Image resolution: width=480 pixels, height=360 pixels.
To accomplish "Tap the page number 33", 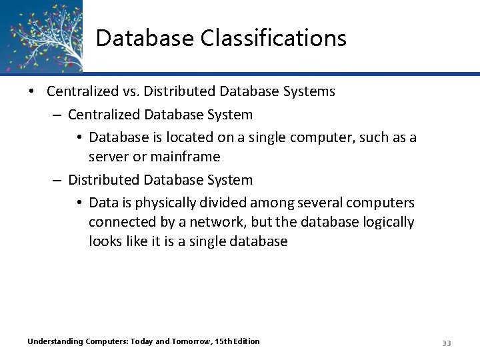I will pyautogui.click(x=447, y=343).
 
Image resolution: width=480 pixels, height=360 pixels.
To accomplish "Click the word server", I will pyautogui.click(x=109, y=157).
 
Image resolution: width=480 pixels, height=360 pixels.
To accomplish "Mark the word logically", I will pyautogui.click(x=385, y=221).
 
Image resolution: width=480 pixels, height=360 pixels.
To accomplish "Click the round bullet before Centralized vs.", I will pyautogui.click(x=33, y=91).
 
